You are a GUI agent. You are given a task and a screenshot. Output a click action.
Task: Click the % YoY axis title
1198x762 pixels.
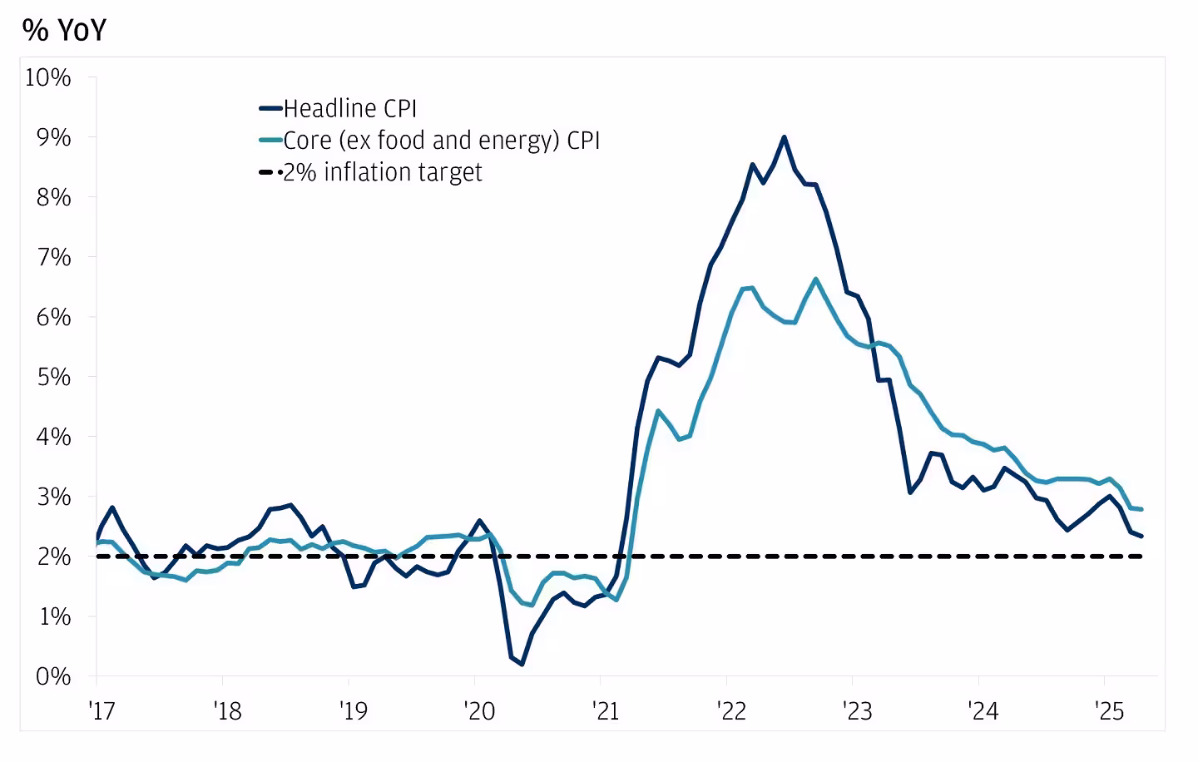pyautogui.click(x=65, y=30)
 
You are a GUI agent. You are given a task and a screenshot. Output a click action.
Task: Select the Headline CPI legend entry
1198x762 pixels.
pyautogui.click(x=349, y=108)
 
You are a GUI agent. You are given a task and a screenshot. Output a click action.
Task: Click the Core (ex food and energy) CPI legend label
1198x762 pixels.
pyautogui.click(x=441, y=140)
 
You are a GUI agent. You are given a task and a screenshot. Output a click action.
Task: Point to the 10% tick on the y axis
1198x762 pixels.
pyautogui.click(x=48, y=77)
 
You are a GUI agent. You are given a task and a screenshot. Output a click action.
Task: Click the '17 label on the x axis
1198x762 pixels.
pyautogui.click(x=100, y=711)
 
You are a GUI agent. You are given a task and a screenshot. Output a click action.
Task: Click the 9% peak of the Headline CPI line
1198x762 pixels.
pyautogui.click(x=784, y=137)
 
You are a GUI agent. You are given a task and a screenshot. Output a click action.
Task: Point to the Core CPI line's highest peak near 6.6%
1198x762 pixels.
pyautogui.click(x=815, y=279)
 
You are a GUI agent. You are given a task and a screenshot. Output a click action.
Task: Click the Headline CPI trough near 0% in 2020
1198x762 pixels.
pyautogui.click(x=522, y=664)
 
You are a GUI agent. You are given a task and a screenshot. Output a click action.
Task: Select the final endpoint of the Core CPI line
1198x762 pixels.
pyautogui.click(x=1141, y=509)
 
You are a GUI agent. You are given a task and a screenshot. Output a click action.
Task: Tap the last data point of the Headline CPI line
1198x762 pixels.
pyautogui.click(x=1141, y=536)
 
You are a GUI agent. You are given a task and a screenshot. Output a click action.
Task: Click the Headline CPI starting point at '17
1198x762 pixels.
pyautogui.click(x=97, y=537)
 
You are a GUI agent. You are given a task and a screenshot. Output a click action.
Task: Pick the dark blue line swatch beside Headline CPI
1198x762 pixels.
pyautogui.click(x=270, y=108)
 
